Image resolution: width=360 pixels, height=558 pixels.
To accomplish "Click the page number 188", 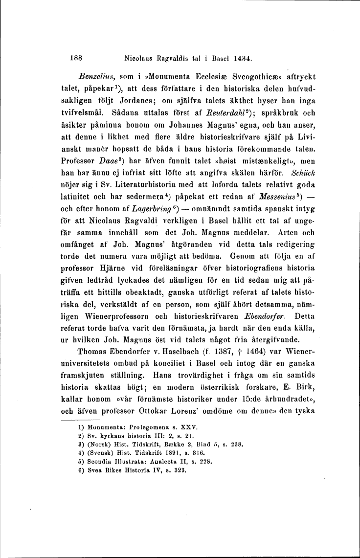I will pyautogui.click(x=75, y=57).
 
